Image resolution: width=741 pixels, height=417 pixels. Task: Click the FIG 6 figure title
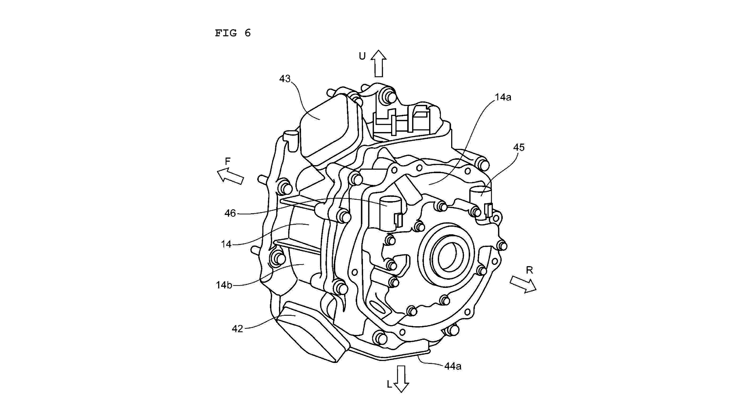(x=233, y=33)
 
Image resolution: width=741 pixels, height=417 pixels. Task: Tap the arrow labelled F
(x=230, y=176)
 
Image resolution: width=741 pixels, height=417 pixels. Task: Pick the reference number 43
(x=285, y=79)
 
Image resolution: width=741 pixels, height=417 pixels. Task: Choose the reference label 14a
(x=503, y=97)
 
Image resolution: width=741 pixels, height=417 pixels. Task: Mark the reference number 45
(x=518, y=147)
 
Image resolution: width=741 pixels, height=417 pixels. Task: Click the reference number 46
(x=230, y=213)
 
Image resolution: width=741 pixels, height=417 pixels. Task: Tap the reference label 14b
(x=224, y=285)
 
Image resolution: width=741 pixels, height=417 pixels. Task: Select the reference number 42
(x=237, y=329)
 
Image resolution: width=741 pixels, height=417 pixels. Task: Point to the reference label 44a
(x=453, y=366)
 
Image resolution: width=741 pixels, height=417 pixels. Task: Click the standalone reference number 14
(x=226, y=244)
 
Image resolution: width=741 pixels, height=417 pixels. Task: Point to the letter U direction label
(x=362, y=56)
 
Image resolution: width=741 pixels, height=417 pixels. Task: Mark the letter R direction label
(x=529, y=270)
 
